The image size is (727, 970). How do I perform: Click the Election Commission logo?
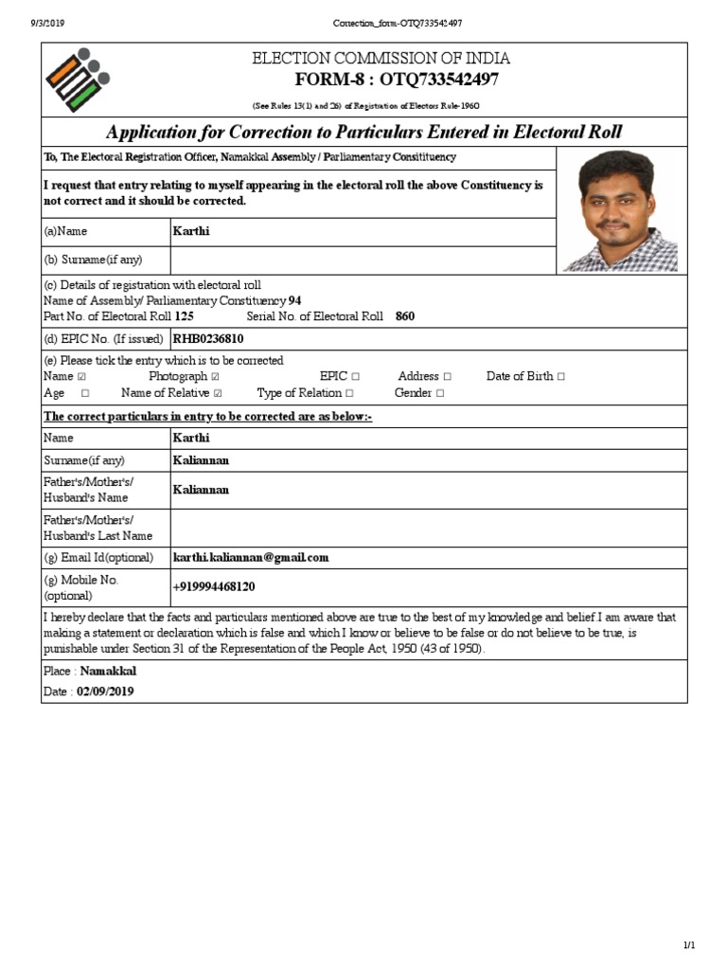pyautogui.click(x=77, y=79)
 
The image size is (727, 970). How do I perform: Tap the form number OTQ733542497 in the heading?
pyautogui.click(x=439, y=80)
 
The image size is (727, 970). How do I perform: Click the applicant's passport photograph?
pyautogui.click(x=620, y=210)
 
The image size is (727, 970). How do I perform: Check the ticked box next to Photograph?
pyautogui.click(x=215, y=377)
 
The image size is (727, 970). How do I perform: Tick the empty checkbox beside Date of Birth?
pyautogui.click(x=561, y=377)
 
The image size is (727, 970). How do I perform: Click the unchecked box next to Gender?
pyautogui.click(x=440, y=393)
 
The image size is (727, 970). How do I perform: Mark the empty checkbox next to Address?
pyautogui.click(x=447, y=377)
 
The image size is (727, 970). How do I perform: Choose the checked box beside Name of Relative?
pyautogui.click(x=219, y=393)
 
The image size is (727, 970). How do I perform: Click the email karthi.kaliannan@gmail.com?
pyautogui.click(x=251, y=557)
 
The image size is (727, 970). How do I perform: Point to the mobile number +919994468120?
pyautogui.click(x=214, y=587)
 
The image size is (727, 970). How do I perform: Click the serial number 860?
pyautogui.click(x=405, y=316)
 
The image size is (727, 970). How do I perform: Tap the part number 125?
pyautogui.click(x=185, y=316)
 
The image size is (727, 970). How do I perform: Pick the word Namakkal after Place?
pyautogui.click(x=108, y=671)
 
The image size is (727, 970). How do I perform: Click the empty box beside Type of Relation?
pyautogui.click(x=350, y=393)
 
